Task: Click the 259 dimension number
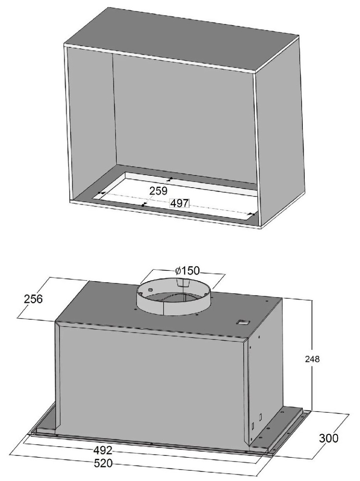tap(158, 191)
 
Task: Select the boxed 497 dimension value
tap(179, 203)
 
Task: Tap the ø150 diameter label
tap(188, 271)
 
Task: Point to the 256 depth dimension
tap(33, 299)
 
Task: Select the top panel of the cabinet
tap(182, 39)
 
